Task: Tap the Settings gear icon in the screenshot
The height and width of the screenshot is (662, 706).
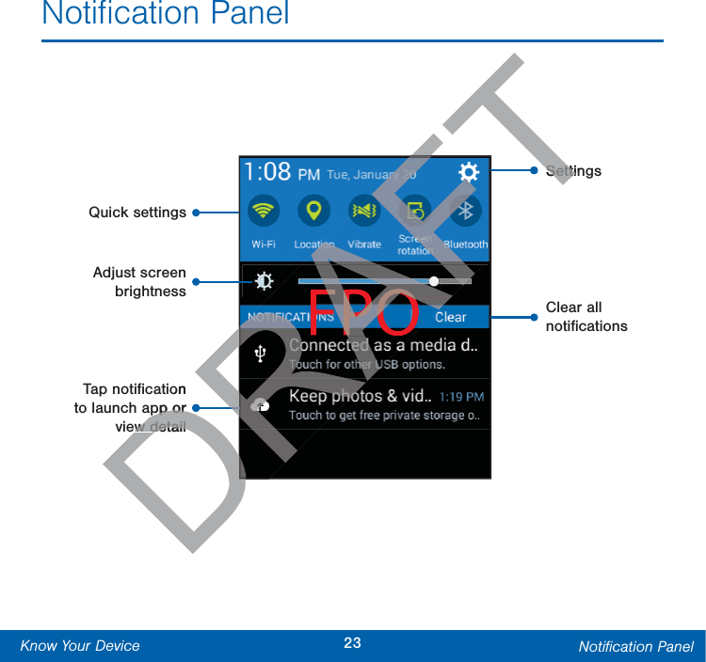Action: [x=468, y=172]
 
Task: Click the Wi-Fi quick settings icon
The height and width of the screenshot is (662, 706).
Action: [x=265, y=212]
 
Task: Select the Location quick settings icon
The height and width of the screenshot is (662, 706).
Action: [x=313, y=211]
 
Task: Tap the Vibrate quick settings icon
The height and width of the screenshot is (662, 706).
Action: [x=364, y=211]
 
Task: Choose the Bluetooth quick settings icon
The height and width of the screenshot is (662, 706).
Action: [x=465, y=211]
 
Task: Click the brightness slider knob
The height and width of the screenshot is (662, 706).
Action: [x=434, y=280]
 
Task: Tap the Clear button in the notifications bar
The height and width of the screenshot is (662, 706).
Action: [x=450, y=317]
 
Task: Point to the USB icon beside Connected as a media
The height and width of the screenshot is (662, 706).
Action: [x=261, y=354]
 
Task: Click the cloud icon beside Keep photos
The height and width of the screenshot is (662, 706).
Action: [x=261, y=405]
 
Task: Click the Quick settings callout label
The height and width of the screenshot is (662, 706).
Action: [x=137, y=213]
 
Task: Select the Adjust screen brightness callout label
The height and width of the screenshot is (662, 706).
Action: [x=139, y=282]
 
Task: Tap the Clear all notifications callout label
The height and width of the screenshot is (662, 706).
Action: [x=586, y=317]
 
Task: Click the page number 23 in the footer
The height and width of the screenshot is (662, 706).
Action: [x=352, y=644]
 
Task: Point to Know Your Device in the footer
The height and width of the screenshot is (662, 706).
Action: [x=80, y=646]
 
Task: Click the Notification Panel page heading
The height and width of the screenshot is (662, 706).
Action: [x=166, y=14]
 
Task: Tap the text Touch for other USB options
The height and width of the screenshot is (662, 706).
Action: [x=367, y=365]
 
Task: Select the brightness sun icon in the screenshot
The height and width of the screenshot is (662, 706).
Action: [x=265, y=280]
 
